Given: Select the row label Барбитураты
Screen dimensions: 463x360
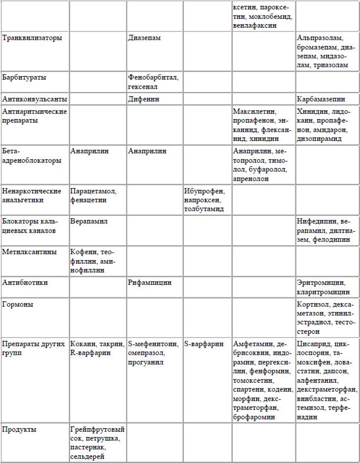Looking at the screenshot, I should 25,77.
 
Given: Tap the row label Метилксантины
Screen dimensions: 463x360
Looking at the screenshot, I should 30,252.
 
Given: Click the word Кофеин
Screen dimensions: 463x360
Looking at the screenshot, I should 82,252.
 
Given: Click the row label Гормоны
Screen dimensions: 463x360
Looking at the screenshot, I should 18,304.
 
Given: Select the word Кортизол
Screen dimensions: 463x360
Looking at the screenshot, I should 314,304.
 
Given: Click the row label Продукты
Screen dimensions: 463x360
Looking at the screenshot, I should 21,429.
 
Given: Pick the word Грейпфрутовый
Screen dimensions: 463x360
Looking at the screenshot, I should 97,429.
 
